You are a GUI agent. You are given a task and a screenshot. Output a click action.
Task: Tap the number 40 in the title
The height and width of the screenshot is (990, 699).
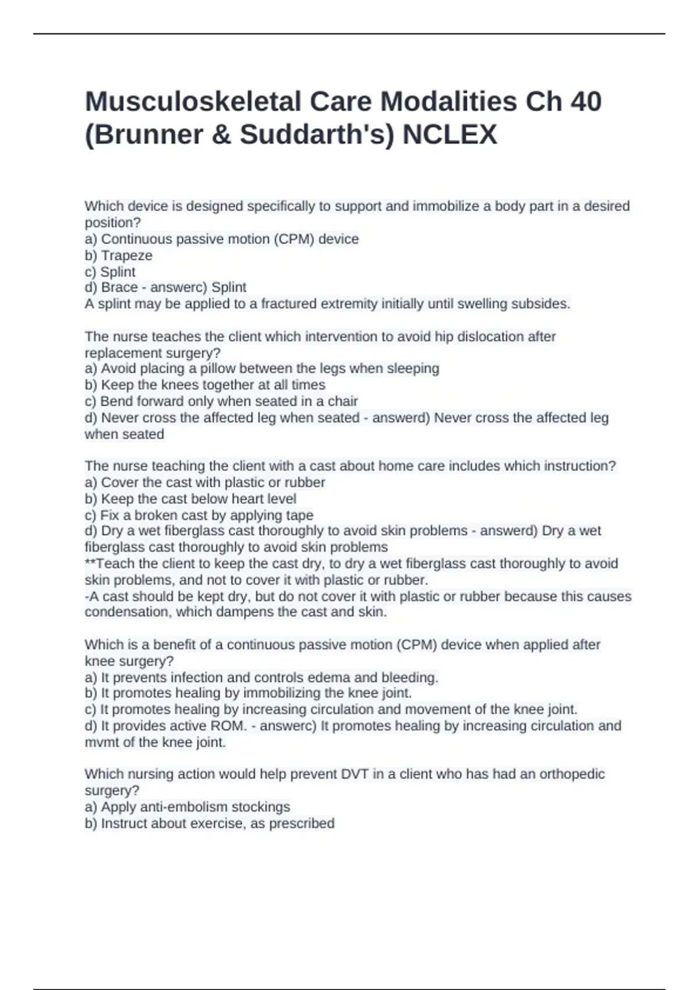[585, 102]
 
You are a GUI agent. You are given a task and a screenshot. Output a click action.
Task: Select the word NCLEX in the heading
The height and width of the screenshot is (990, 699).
[450, 135]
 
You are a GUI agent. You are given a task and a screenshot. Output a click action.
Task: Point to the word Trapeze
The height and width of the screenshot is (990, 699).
[126, 256]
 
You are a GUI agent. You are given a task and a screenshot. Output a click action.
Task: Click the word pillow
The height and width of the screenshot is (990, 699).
[217, 369]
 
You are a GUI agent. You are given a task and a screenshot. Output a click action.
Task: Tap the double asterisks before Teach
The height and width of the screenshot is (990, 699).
[90, 563]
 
